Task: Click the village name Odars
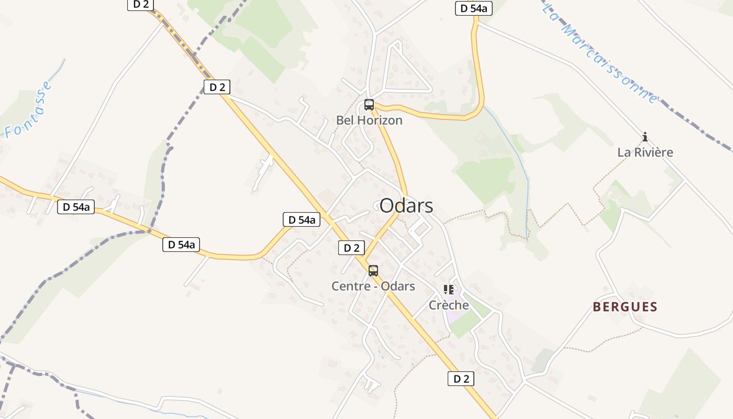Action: (x=406, y=205)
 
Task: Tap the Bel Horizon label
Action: (x=369, y=120)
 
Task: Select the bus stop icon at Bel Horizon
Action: (x=369, y=104)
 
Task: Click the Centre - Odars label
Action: (x=373, y=286)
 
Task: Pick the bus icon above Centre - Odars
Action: (x=373, y=270)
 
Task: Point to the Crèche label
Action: (x=449, y=305)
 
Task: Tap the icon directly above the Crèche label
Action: (x=449, y=289)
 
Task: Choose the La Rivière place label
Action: (x=645, y=152)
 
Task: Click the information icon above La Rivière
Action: (x=645, y=137)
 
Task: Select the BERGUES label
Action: (x=625, y=307)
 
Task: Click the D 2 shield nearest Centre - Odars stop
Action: (x=351, y=248)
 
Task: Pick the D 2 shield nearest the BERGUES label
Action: (x=461, y=379)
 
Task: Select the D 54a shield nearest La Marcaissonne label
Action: (x=473, y=8)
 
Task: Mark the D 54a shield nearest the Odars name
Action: (x=302, y=219)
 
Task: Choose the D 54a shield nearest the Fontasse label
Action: (x=76, y=207)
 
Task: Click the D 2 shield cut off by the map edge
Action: (x=140, y=4)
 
